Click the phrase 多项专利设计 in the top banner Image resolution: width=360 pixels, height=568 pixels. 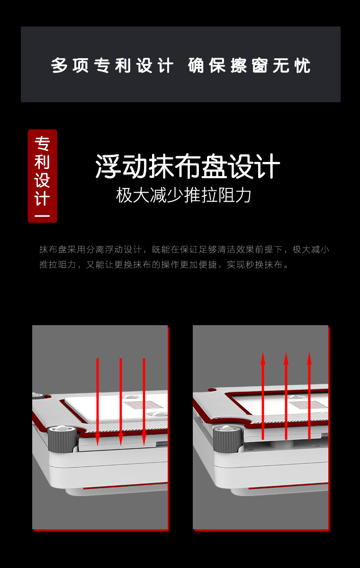coord(112,65)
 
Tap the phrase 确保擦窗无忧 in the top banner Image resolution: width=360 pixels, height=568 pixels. coord(249,65)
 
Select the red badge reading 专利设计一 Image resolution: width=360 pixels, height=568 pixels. coord(43,176)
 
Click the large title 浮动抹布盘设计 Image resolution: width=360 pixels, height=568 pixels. coord(188,167)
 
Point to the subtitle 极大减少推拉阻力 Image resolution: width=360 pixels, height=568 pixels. coord(183,195)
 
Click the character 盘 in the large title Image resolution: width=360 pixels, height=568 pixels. coord(214,167)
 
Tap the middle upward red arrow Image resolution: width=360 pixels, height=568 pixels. coord(286,396)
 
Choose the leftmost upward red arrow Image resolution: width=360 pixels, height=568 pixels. coord(263,396)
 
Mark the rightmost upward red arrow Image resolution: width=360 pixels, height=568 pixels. coord(309,396)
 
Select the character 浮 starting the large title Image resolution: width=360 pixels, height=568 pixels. coord(108,167)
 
